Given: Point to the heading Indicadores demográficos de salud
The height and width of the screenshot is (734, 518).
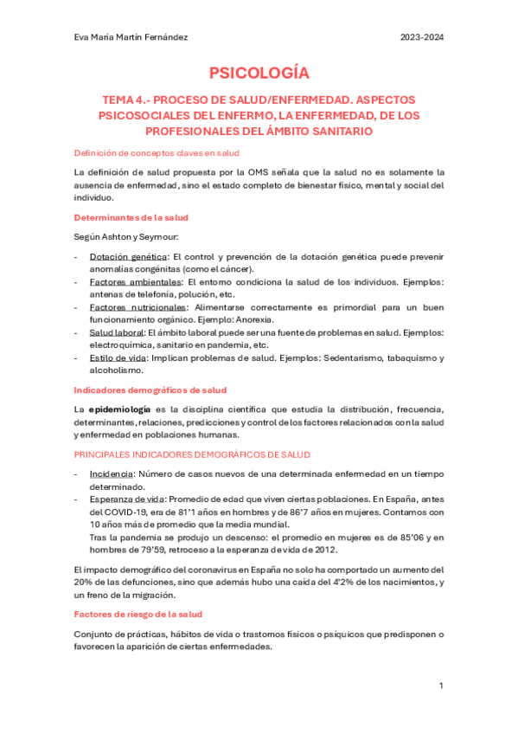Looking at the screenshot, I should click(150, 390).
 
